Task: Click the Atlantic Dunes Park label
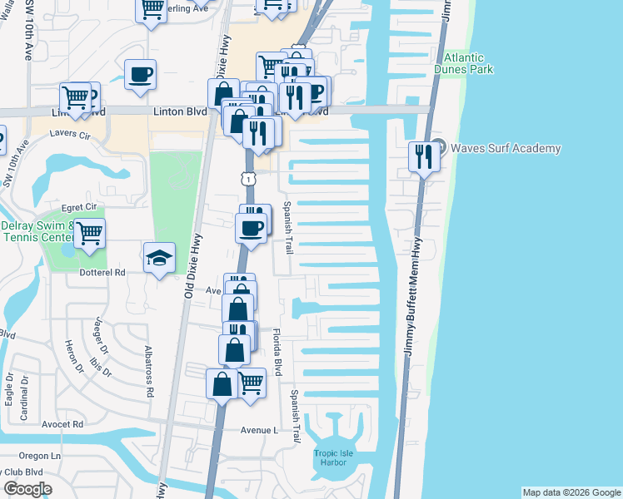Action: click(x=464, y=63)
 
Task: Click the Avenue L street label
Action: click(x=259, y=430)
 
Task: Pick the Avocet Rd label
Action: click(x=66, y=424)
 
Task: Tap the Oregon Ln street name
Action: click(x=40, y=456)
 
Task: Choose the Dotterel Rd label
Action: click(x=102, y=272)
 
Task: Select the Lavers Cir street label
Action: click(x=69, y=133)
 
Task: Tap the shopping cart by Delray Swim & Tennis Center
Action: click(x=89, y=233)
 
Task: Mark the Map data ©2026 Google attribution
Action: click(x=571, y=492)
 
